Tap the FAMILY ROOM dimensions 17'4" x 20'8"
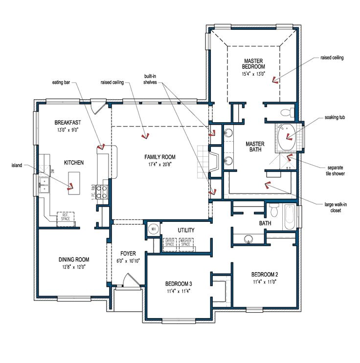tap(159, 164)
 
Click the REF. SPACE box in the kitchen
tap(66, 217)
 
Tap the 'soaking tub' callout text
tap(335, 118)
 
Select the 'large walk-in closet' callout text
tap(335, 208)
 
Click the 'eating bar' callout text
tap(62, 83)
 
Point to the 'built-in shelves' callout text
tap(150, 79)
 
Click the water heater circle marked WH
tap(153, 229)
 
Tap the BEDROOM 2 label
tap(265, 274)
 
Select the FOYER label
tap(128, 253)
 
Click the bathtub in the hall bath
tap(289, 217)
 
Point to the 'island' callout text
tap(16, 165)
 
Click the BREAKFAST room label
tap(67, 123)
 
